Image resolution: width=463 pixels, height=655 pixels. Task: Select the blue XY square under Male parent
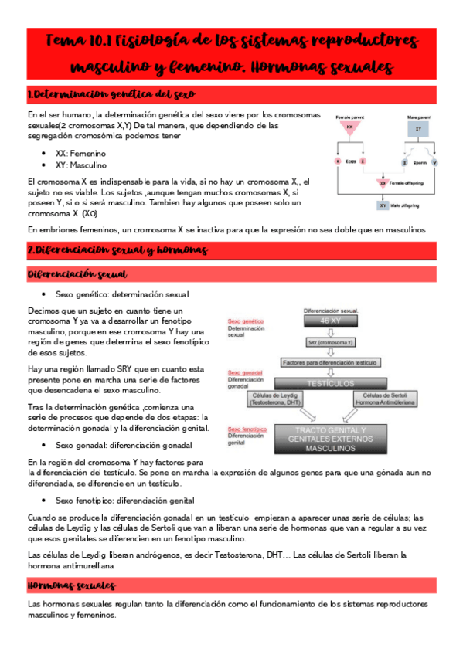coord(419,128)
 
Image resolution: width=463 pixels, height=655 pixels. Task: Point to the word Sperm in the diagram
coord(418,163)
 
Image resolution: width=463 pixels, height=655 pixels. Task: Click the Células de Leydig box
coord(277,399)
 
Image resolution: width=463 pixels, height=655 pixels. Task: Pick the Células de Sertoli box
coord(384,399)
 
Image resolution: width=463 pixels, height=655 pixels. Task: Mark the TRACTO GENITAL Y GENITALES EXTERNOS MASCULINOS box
coord(330,439)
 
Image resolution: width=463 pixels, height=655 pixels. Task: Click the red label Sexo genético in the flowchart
coord(243,321)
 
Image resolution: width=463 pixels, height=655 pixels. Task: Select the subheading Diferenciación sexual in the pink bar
coord(77,274)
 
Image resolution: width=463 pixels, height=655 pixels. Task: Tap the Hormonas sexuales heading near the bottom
coord(72,586)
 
